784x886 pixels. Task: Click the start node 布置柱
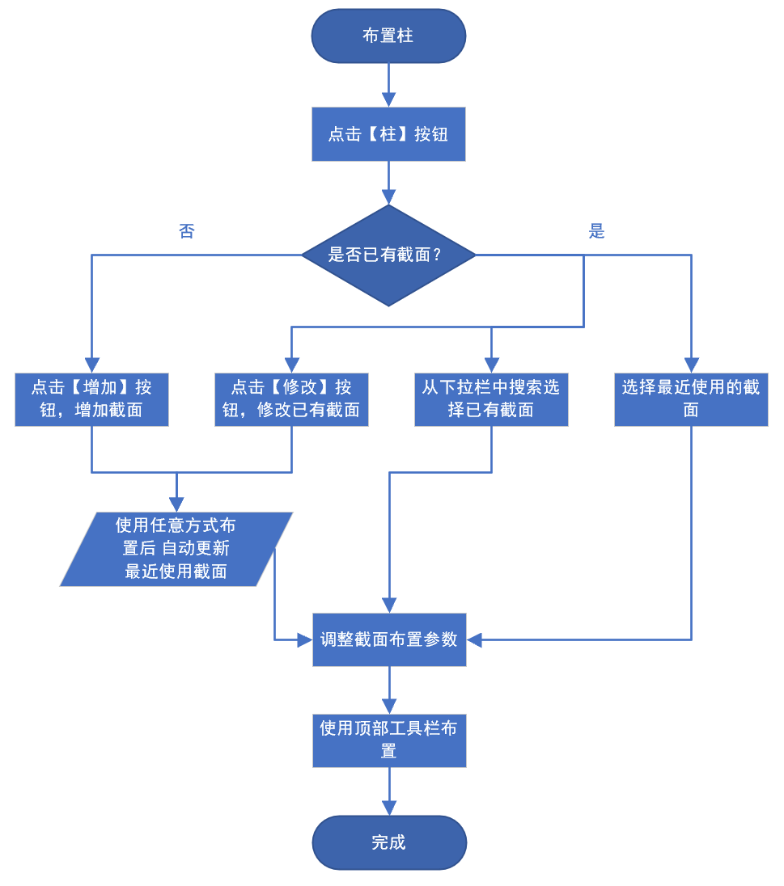(388, 36)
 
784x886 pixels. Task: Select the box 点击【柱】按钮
(388, 134)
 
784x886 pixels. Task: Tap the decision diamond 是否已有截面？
(388, 255)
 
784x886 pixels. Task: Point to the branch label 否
(187, 232)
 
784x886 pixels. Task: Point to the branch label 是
(597, 232)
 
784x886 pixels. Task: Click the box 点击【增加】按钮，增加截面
(91, 399)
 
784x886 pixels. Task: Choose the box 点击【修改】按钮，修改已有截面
(291, 399)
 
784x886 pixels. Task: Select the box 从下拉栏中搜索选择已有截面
(491, 399)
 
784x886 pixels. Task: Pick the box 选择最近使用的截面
(691, 399)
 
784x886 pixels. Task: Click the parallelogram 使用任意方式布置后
(176, 549)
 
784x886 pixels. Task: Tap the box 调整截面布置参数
(389, 639)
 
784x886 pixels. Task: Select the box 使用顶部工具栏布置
(389, 740)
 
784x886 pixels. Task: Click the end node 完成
(389, 842)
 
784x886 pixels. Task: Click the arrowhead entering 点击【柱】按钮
(388, 100)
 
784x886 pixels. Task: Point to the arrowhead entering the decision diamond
(388, 197)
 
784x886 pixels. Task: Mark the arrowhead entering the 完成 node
(389, 808)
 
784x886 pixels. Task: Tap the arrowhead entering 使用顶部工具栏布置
(389, 706)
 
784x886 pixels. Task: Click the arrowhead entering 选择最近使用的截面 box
(691, 365)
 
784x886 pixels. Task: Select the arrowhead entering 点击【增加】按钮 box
(91, 365)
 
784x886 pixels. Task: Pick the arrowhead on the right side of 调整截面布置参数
(474, 639)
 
